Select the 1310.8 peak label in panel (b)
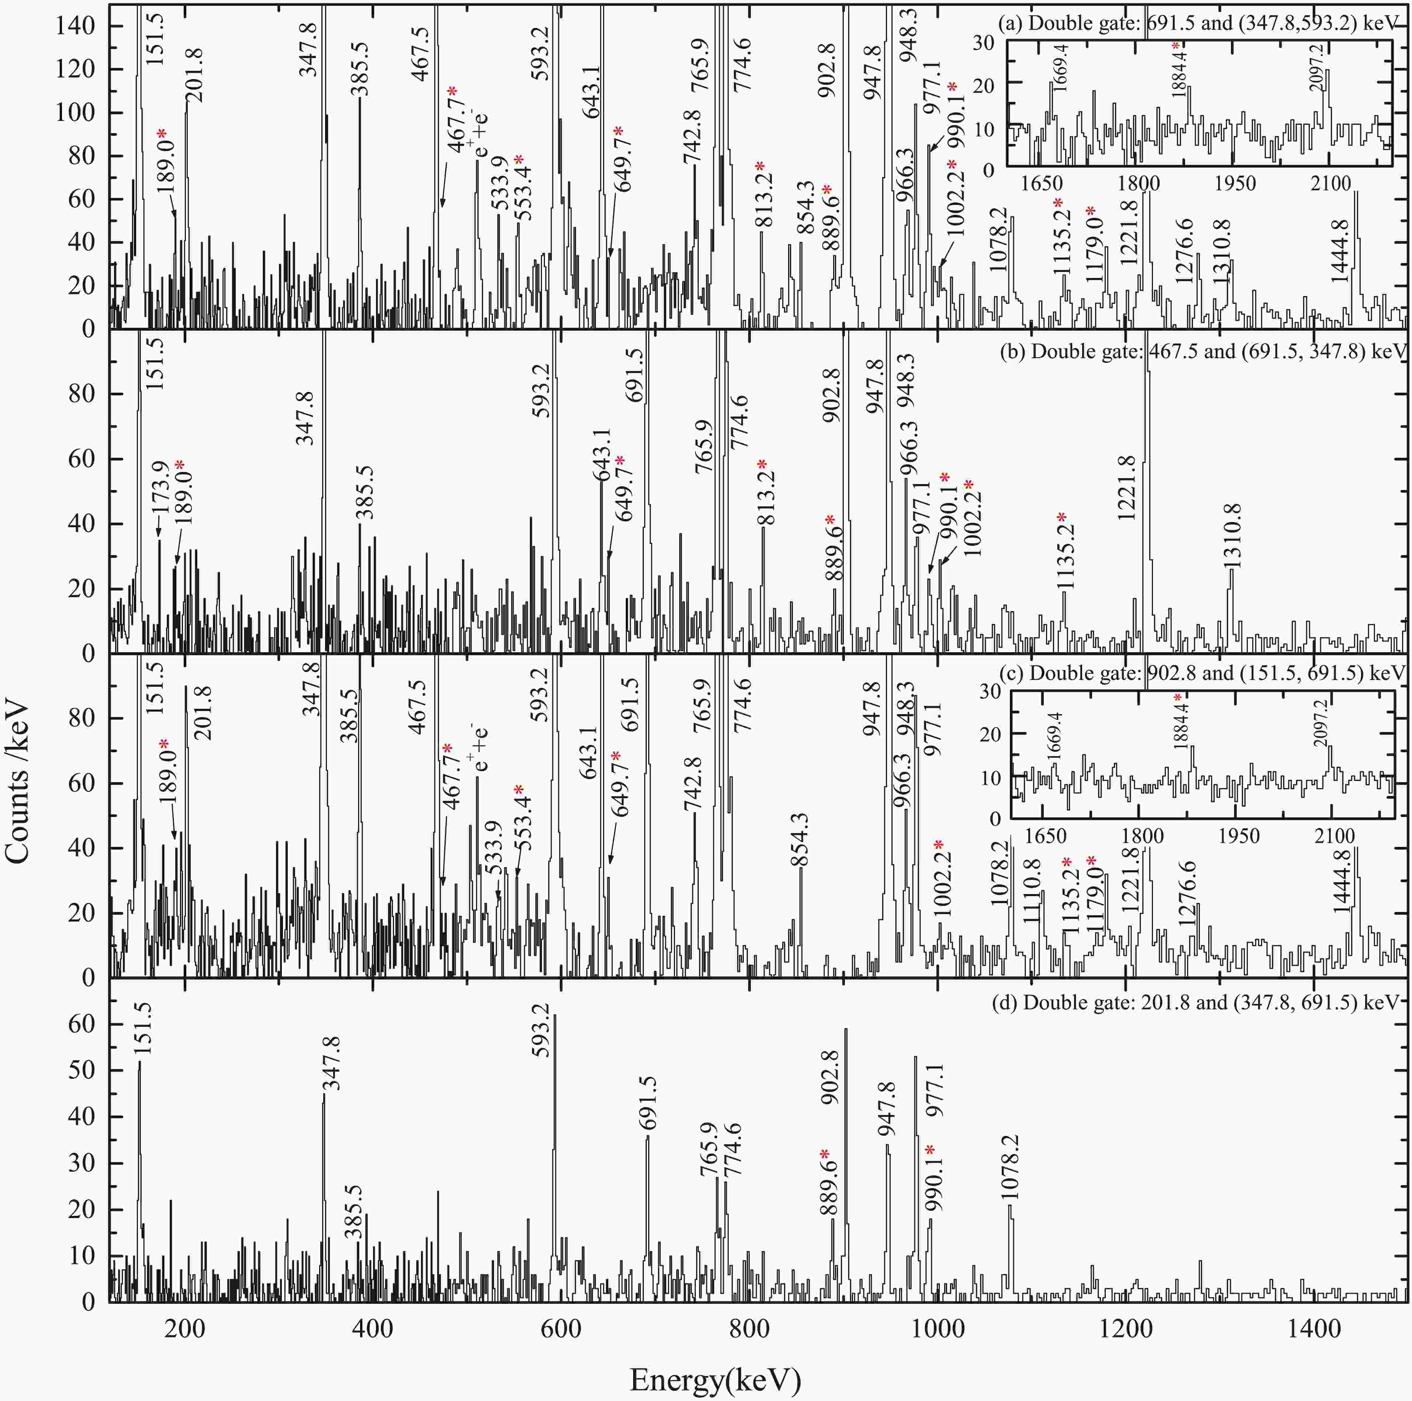pyautogui.click(x=1232, y=535)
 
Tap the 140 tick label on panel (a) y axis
pyautogui.click(x=76, y=26)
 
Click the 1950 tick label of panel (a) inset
pyautogui.click(x=1235, y=182)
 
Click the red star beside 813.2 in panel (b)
pyautogui.click(x=762, y=465)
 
